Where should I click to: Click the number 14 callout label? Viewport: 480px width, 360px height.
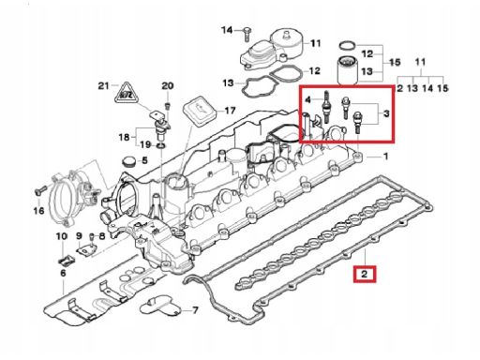(x=227, y=30)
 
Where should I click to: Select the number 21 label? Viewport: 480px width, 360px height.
(x=103, y=85)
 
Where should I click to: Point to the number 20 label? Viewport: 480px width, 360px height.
(x=167, y=85)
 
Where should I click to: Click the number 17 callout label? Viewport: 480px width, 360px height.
(x=230, y=111)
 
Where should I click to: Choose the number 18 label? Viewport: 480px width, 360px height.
(x=124, y=137)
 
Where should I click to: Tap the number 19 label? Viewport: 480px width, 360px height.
(x=145, y=144)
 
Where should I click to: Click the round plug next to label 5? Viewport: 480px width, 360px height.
(x=128, y=161)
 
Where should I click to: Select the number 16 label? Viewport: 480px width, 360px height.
(x=38, y=211)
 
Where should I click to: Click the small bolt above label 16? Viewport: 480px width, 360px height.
(x=39, y=190)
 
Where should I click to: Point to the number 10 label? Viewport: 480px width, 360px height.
(x=62, y=236)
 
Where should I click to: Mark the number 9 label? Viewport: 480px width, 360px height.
(x=79, y=236)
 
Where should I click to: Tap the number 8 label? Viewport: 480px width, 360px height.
(x=102, y=236)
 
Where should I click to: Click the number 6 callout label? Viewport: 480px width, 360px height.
(x=63, y=273)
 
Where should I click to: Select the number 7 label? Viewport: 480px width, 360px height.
(x=195, y=310)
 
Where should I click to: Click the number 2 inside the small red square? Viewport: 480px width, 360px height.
(x=365, y=274)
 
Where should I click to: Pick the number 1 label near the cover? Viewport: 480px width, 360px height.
(x=385, y=157)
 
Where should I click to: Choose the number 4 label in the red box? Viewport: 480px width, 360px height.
(x=308, y=100)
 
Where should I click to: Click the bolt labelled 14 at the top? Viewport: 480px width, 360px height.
(x=247, y=35)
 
